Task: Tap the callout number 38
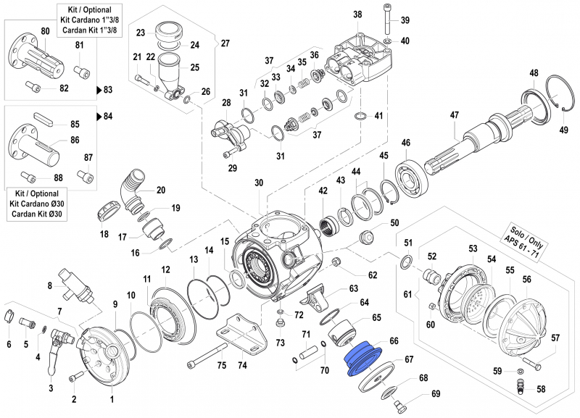[357, 14]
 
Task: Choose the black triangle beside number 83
[99, 91]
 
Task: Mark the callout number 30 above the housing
[259, 183]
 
